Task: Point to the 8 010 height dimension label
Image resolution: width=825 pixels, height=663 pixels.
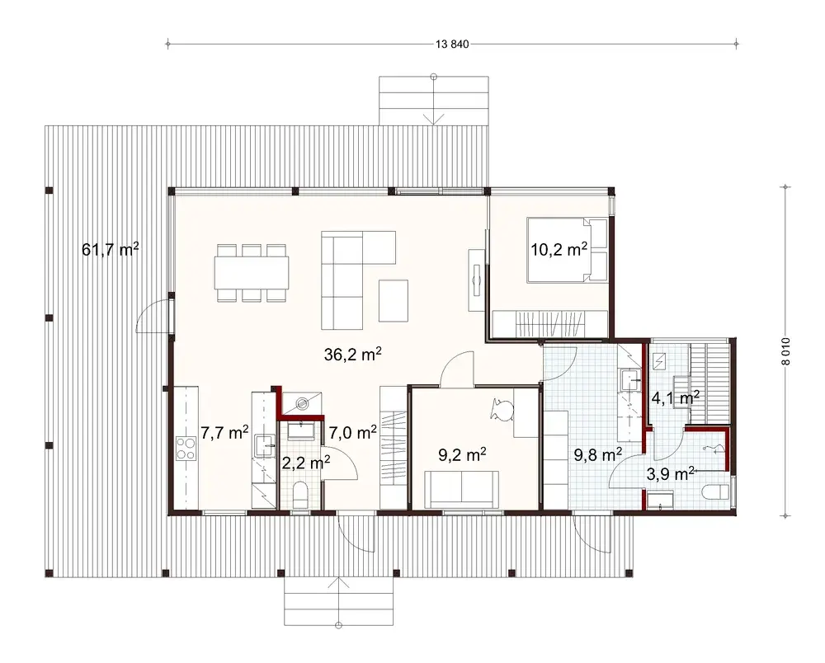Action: (786, 350)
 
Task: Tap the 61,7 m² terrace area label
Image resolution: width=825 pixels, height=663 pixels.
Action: (111, 249)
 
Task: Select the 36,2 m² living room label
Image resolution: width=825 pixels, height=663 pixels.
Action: (352, 355)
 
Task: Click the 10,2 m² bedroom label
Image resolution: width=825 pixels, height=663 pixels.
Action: (559, 249)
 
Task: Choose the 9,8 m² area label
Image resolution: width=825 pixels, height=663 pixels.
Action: (597, 453)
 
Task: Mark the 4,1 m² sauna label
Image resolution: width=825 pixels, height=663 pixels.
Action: (676, 397)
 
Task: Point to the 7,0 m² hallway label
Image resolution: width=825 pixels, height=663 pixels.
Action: (353, 431)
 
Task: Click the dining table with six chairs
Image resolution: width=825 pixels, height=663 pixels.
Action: (252, 271)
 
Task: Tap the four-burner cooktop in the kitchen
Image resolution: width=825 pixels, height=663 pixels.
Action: (186, 449)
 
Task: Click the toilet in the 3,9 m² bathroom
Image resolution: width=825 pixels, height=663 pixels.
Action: (714, 491)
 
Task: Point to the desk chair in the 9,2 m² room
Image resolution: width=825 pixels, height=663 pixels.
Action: (501, 407)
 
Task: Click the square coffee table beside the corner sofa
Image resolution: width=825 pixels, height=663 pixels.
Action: (394, 301)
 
